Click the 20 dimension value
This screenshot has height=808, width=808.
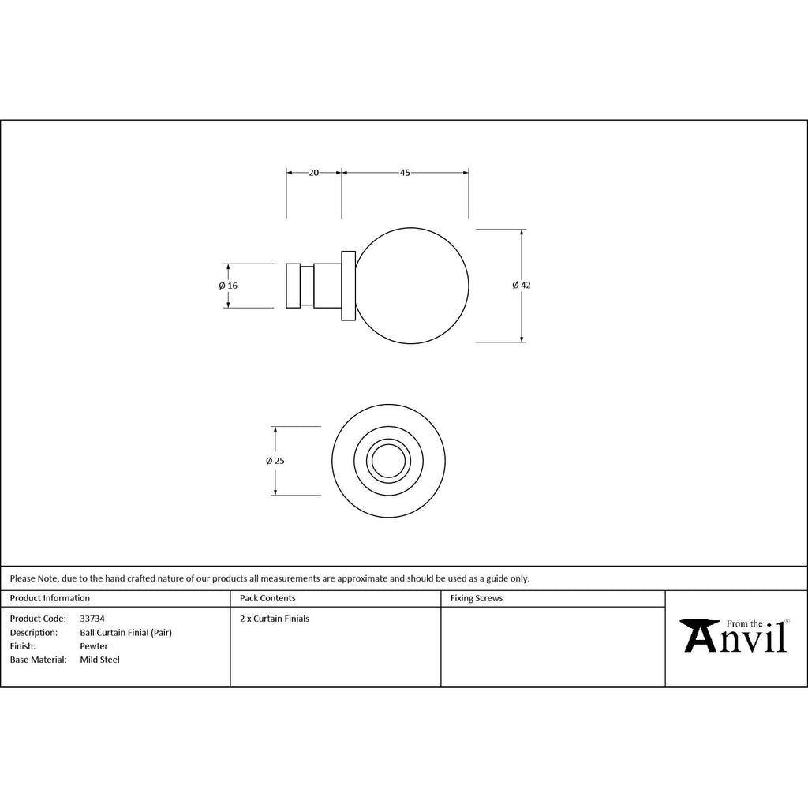coord(314,173)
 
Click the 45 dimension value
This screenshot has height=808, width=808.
coord(405,173)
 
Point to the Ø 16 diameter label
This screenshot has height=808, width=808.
coord(228,286)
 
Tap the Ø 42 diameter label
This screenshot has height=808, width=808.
coord(522,286)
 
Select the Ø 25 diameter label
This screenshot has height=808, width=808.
coord(275,461)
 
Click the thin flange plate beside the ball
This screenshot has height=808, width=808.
coord(348,286)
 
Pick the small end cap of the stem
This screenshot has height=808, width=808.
coord(294,286)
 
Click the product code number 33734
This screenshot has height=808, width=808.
coord(92,619)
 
